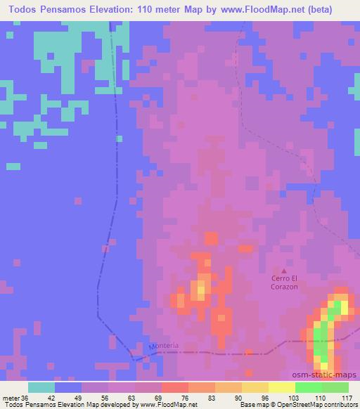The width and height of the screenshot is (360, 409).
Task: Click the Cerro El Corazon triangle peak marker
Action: click(284, 271)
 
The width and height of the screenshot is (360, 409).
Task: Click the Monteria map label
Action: click(165, 346)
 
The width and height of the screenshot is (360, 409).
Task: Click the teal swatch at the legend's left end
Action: click(41, 387)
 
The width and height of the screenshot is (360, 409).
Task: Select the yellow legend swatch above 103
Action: click(282, 387)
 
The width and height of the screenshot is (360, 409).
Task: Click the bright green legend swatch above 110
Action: click(309, 387)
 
